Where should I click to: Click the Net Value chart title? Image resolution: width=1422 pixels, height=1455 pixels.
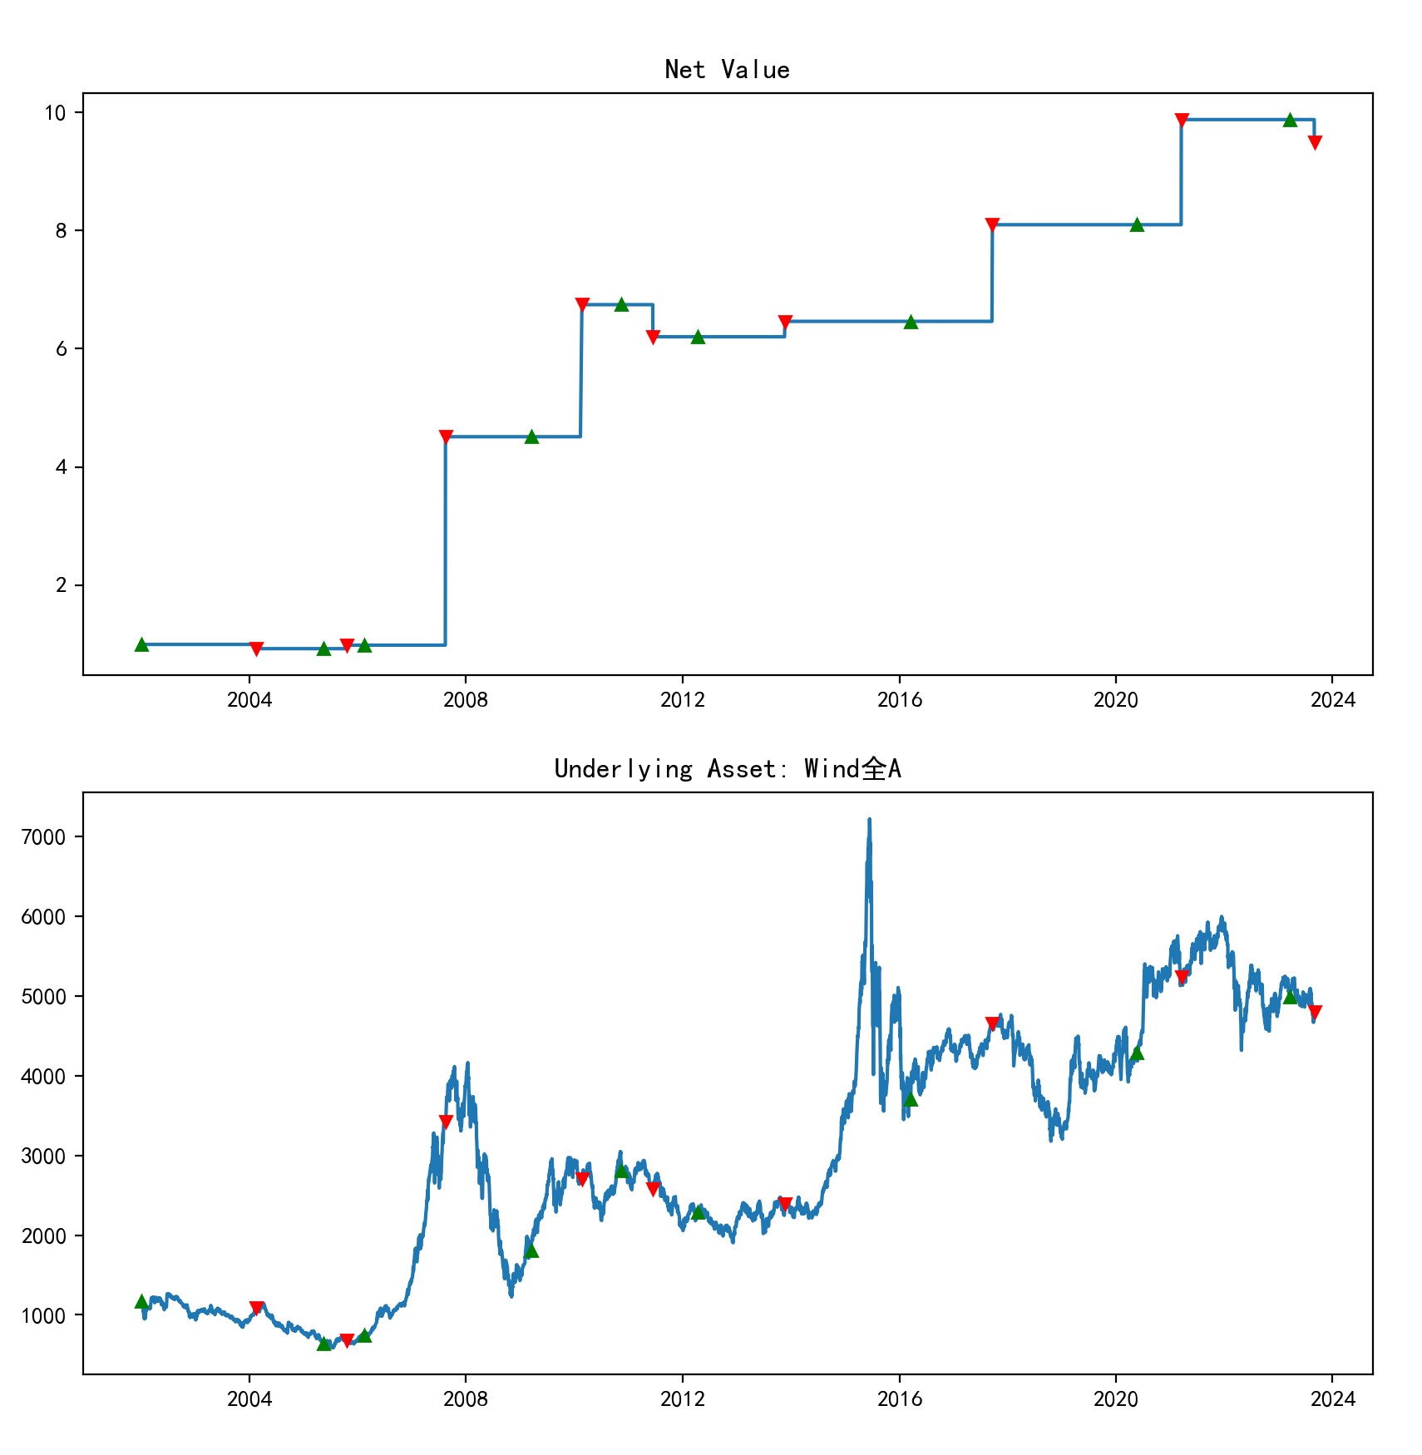pyautogui.click(x=727, y=70)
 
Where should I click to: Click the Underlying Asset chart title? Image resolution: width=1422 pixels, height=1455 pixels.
pyautogui.click(x=727, y=769)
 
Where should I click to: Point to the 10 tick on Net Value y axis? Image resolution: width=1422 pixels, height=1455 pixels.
pyautogui.click(x=55, y=113)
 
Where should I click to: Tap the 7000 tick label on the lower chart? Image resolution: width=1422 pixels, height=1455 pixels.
pyautogui.click(x=43, y=837)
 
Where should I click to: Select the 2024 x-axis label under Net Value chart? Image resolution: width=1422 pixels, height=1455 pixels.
pyautogui.click(x=1332, y=700)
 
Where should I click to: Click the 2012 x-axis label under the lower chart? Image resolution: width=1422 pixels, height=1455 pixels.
pyautogui.click(x=682, y=1399)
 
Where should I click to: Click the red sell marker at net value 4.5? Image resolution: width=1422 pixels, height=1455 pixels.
pyautogui.click(x=446, y=437)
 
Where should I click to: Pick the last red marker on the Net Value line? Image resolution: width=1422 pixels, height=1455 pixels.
pyautogui.click(x=1315, y=143)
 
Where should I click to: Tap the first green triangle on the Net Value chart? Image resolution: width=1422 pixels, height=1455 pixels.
pyautogui.click(x=142, y=644)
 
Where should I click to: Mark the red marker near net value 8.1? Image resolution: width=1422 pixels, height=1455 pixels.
pyautogui.click(x=992, y=225)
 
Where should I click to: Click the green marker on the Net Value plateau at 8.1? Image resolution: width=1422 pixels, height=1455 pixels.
pyautogui.click(x=1137, y=224)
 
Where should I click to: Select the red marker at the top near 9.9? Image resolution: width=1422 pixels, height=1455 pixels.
pyautogui.click(x=1182, y=121)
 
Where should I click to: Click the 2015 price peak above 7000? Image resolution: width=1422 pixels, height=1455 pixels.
pyautogui.click(x=869, y=820)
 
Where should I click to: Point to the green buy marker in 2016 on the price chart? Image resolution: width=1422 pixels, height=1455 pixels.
pyautogui.click(x=911, y=1099)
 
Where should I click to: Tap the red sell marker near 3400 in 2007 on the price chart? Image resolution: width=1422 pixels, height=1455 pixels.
pyautogui.click(x=446, y=1122)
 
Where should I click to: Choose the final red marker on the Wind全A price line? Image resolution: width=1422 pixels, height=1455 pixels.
pyautogui.click(x=1315, y=1013)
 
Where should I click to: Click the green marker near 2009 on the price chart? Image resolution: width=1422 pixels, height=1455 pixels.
pyautogui.click(x=532, y=1250)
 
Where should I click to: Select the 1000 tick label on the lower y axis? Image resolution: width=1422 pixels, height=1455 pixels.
pyautogui.click(x=43, y=1316)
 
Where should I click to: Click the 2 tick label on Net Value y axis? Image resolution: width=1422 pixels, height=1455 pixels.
pyautogui.click(x=62, y=585)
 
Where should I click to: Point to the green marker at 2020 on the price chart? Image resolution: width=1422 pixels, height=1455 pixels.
pyautogui.click(x=1137, y=1053)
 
